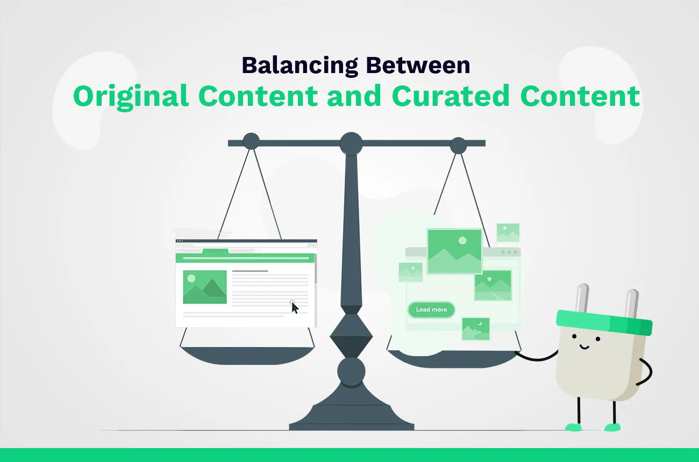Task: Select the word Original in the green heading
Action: (x=131, y=97)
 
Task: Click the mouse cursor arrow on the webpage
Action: (x=295, y=307)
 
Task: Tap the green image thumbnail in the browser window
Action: (x=205, y=287)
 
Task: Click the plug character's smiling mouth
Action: (x=584, y=346)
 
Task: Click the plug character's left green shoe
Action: (x=573, y=427)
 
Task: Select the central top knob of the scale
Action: (x=351, y=143)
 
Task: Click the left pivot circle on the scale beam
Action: (x=251, y=141)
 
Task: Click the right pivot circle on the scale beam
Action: (x=458, y=146)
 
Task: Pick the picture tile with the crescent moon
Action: (x=475, y=329)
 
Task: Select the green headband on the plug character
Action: (x=604, y=321)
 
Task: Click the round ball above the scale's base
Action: (x=351, y=371)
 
